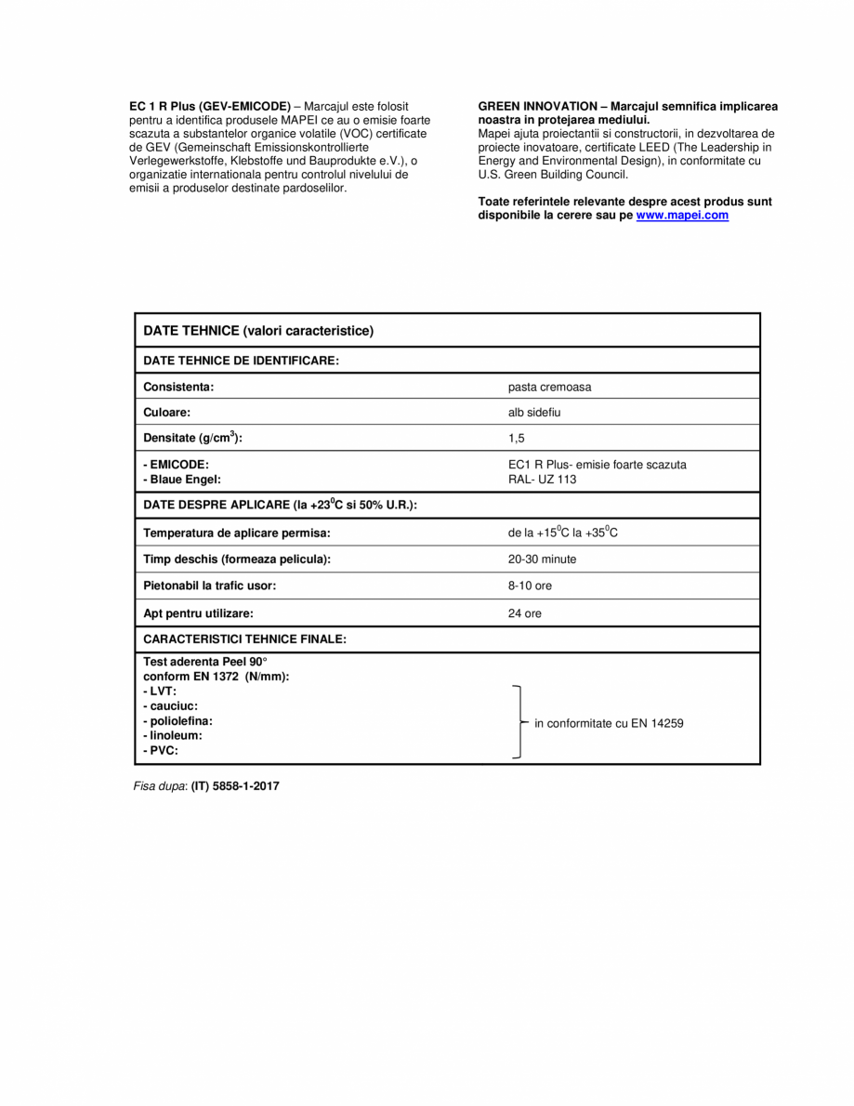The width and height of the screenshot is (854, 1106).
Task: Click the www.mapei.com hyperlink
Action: tap(682, 216)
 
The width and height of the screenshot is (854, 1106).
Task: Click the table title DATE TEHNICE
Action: tap(257, 330)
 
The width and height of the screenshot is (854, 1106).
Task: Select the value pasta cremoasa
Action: tap(549, 387)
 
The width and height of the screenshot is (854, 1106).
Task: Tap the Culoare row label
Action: tap(167, 413)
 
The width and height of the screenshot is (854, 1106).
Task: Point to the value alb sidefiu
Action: tap(535, 413)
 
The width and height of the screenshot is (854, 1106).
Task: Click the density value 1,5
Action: tap(517, 438)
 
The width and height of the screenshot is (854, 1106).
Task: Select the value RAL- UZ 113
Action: tap(542, 480)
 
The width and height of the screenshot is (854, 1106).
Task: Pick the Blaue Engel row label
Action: tap(182, 480)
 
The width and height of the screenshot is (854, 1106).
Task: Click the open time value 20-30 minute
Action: tap(542, 560)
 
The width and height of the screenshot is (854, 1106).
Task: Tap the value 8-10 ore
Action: tap(530, 586)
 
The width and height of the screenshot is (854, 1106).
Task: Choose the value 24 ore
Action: tap(525, 613)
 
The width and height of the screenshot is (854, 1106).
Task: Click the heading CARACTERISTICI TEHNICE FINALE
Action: tap(245, 639)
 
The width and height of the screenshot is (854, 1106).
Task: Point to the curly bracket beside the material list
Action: tap(519, 723)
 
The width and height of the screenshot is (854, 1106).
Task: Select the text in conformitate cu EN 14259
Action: tap(609, 723)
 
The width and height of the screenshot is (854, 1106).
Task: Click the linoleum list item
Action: tap(173, 735)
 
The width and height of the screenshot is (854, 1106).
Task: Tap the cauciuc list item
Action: tap(170, 706)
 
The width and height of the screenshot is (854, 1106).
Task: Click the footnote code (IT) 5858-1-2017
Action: tap(235, 786)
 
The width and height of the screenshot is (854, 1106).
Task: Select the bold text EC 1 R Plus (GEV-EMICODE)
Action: tap(210, 106)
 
